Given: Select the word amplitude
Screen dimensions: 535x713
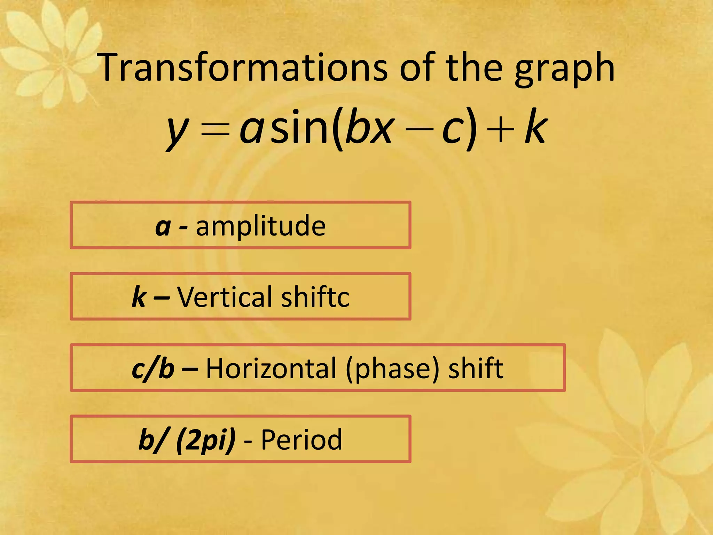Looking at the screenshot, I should pyautogui.click(x=261, y=226).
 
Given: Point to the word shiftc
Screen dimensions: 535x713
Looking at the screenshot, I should pyautogui.click(x=315, y=297).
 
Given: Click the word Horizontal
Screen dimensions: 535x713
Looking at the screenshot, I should pyautogui.click(x=271, y=368).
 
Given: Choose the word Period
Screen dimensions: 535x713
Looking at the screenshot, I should pyautogui.click(x=301, y=440).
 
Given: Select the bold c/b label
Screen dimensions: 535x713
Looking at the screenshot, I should pyautogui.click(x=153, y=369).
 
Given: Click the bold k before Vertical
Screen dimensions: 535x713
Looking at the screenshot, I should pyautogui.click(x=139, y=297).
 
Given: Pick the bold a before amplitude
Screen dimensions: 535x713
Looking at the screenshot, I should pyautogui.click(x=163, y=227).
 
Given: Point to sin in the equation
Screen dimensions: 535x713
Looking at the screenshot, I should pyautogui.click(x=299, y=127).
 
